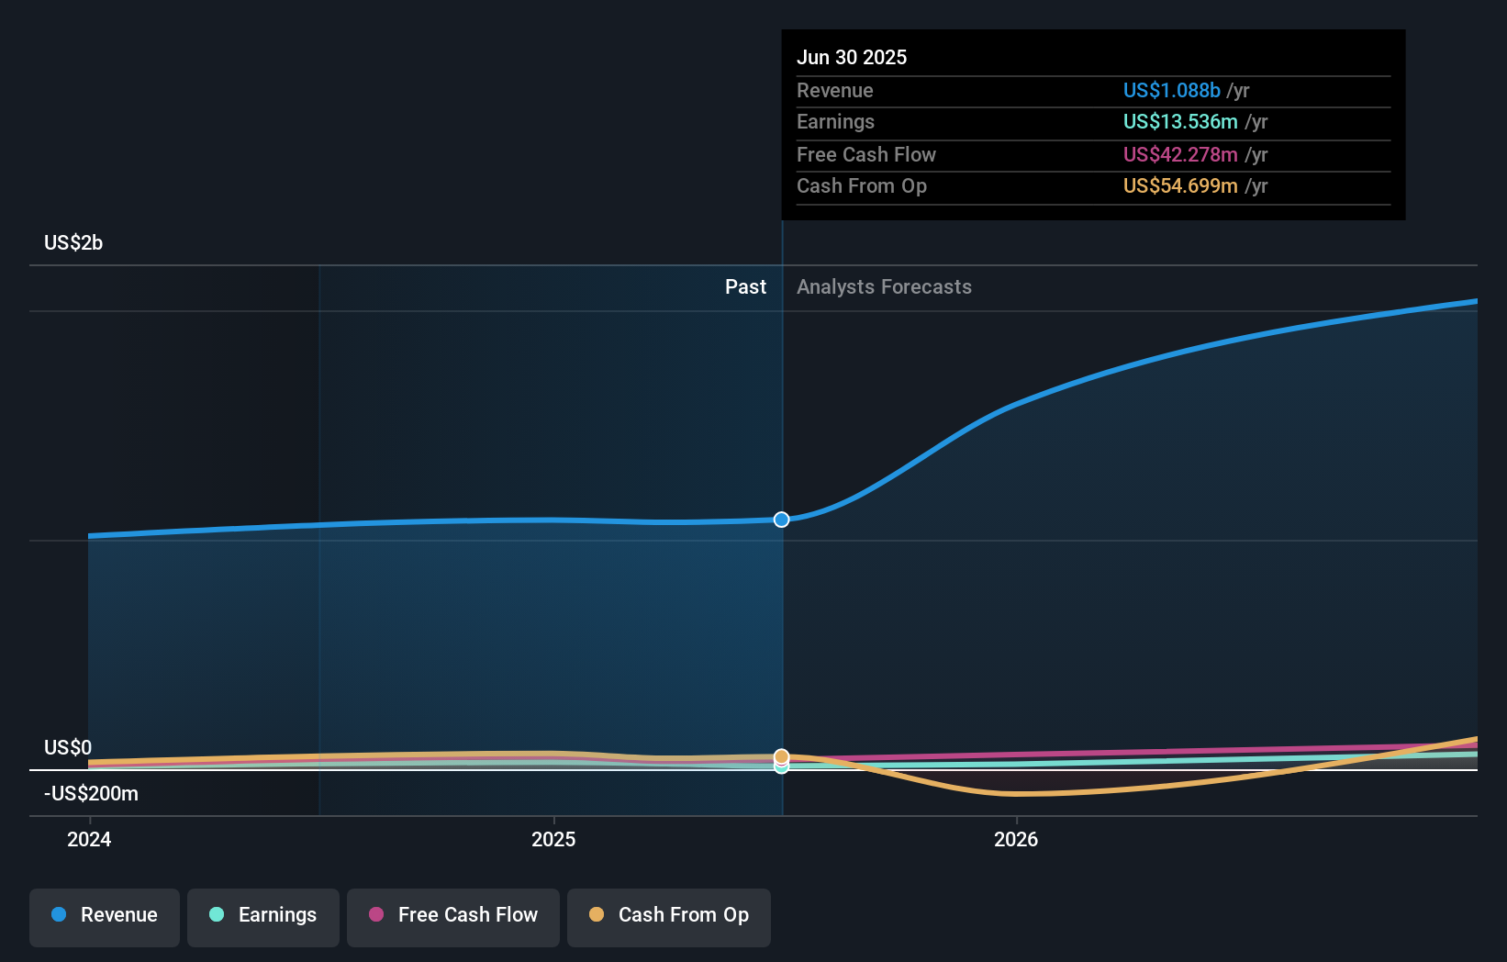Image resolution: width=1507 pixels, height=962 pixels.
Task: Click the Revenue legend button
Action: click(x=105, y=916)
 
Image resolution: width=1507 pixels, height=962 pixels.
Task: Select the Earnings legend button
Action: click(x=263, y=916)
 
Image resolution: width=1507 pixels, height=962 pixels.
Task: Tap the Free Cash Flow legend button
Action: click(x=453, y=916)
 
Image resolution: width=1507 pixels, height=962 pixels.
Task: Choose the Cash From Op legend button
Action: click(x=669, y=916)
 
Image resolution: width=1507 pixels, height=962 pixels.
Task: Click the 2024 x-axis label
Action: click(x=89, y=840)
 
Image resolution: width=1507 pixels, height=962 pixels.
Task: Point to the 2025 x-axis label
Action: click(x=553, y=840)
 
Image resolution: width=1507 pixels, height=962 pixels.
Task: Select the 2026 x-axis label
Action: click(x=1016, y=840)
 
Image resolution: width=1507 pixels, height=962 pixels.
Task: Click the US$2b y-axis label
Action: click(x=73, y=243)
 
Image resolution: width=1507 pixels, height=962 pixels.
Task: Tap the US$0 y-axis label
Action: click(x=68, y=748)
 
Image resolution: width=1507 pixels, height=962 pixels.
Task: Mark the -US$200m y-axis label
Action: click(x=91, y=794)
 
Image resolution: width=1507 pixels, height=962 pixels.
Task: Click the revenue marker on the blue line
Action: click(x=781, y=520)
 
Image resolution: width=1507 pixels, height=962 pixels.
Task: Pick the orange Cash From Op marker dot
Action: click(x=781, y=756)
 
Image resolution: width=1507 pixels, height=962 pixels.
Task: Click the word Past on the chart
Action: click(x=745, y=287)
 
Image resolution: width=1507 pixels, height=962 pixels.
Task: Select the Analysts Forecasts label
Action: click(x=884, y=287)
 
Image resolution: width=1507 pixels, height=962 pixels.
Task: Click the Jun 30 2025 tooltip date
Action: click(x=852, y=58)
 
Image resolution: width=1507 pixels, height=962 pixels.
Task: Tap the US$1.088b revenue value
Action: click(x=1171, y=91)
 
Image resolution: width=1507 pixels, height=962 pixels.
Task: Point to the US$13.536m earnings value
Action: click(x=1180, y=122)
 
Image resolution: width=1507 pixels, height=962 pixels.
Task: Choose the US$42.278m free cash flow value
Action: click(x=1180, y=155)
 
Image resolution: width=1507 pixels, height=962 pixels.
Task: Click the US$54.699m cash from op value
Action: click(x=1180, y=186)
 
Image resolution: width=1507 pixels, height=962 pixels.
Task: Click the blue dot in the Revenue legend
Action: click(x=59, y=915)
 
